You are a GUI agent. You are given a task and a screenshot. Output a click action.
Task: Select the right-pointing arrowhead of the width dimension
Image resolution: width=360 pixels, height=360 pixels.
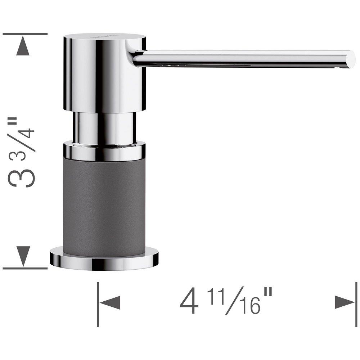pyautogui.click(x=344, y=302)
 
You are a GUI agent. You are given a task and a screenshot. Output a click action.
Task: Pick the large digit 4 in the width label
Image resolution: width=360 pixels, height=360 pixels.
pyautogui.click(x=189, y=302)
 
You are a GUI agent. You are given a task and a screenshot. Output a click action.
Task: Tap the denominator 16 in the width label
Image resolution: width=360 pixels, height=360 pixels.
pyautogui.click(x=248, y=306)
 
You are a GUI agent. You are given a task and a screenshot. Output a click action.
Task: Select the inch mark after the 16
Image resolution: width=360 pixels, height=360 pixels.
pyautogui.click(x=267, y=294)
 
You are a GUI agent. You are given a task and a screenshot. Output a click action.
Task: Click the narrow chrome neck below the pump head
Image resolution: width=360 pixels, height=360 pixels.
pyautogui.click(x=104, y=128)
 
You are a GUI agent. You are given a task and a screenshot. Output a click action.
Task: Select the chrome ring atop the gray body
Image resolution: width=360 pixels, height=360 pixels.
pyautogui.click(x=104, y=151)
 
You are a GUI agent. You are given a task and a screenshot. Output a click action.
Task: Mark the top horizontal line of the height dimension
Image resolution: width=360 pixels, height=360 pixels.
pyautogui.click(x=25, y=34)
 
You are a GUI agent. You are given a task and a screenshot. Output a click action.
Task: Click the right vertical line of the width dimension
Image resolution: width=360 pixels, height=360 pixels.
pyautogui.click(x=356, y=302)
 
